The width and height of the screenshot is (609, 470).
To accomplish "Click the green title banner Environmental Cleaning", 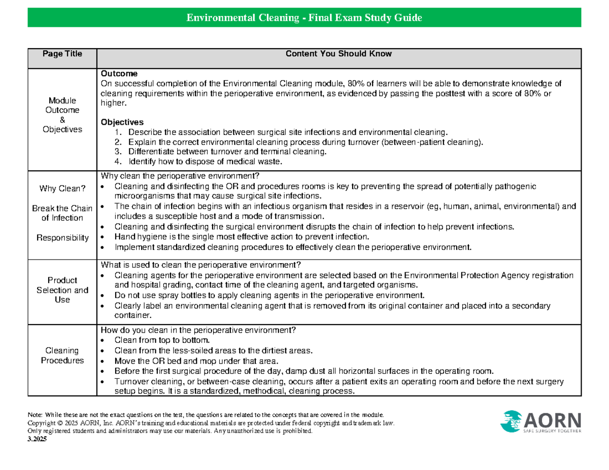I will click(x=304, y=19).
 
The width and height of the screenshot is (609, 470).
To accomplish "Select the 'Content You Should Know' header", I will click(x=339, y=54).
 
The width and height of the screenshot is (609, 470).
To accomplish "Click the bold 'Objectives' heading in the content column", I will click(x=122, y=122).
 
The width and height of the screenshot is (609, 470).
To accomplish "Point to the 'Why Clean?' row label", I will click(x=62, y=189).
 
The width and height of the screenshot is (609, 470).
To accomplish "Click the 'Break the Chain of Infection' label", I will click(x=62, y=213).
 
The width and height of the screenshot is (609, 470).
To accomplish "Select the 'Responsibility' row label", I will click(x=62, y=237).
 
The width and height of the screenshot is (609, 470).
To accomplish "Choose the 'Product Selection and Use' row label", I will click(x=62, y=290).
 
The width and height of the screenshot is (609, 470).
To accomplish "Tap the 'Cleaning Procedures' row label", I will click(x=62, y=355).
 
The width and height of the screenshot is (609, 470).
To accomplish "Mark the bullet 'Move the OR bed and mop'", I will click(x=196, y=361).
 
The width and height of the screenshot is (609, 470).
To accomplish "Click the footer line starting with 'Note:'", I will click(x=202, y=415).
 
